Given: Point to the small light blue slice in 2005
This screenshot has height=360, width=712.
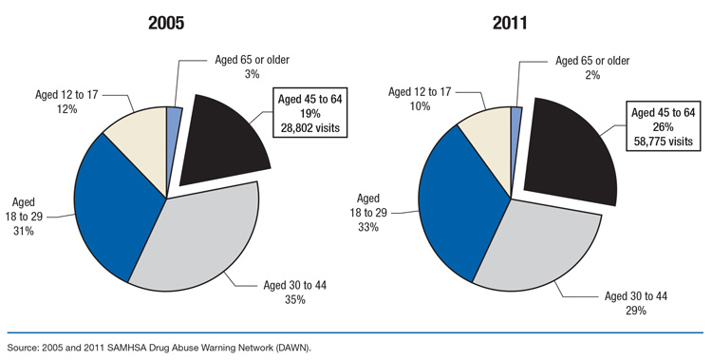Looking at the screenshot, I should (x=174, y=119).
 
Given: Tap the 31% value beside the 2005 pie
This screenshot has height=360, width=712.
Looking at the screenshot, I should (x=24, y=230).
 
